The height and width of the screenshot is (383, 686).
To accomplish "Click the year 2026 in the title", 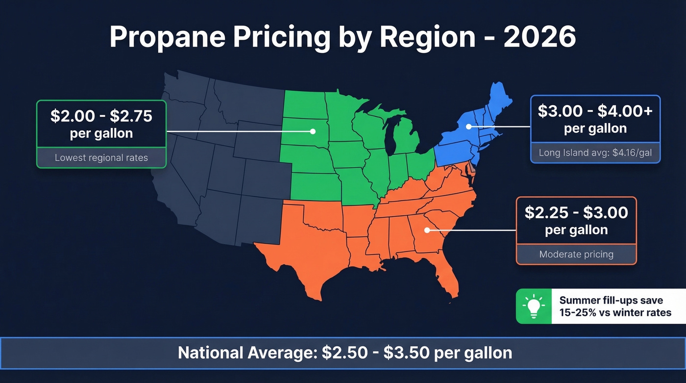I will coord(539,37).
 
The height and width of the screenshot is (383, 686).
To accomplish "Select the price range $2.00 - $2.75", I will coord(101,116).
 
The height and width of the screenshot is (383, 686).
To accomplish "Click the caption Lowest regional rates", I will coord(101,158).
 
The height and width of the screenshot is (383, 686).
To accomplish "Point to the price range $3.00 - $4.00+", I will coord(595,111).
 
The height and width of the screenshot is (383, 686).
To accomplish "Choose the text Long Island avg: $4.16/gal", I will coord(595,153).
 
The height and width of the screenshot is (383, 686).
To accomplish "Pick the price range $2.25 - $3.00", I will coord(576,212).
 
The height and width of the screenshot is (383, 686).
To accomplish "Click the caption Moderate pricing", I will coord(576,255).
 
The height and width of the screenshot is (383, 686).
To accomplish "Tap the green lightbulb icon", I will coord(534,306).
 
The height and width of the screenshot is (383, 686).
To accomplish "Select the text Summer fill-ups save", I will coord(611,300).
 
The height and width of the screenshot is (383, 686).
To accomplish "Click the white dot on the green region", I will coord(312,131).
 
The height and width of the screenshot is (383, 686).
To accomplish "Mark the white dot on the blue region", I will coord(468,127).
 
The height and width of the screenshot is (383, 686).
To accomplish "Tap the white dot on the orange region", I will coord(427,230).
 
